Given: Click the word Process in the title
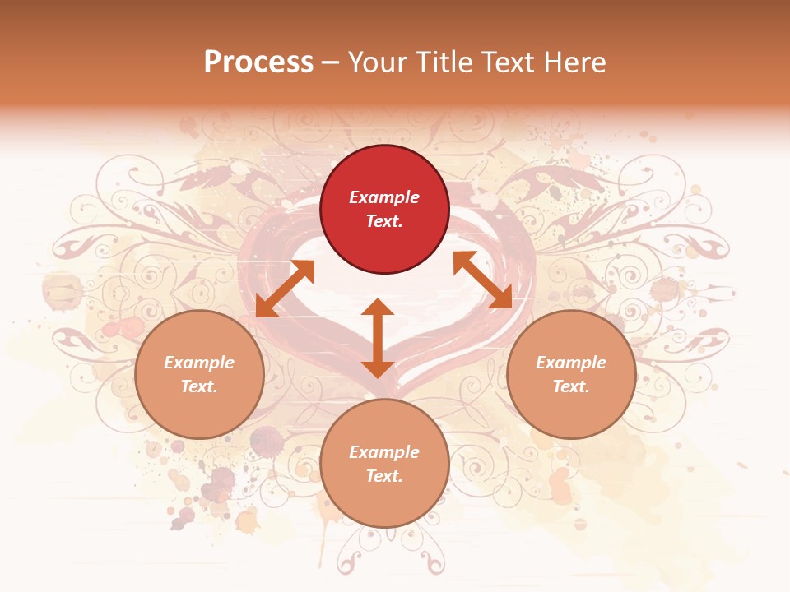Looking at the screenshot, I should [x=258, y=62].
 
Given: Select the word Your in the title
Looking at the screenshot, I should [x=377, y=62].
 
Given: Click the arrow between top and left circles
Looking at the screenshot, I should [x=285, y=289].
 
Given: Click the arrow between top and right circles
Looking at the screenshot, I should [x=483, y=280].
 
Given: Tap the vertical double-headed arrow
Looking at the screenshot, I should [x=378, y=338].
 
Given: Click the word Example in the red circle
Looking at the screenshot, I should [x=384, y=197].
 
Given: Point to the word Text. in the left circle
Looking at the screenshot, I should [x=199, y=386].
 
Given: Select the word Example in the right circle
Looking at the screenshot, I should [x=571, y=363].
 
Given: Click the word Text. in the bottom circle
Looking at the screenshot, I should [x=384, y=476].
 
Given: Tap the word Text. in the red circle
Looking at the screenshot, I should [x=384, y=221].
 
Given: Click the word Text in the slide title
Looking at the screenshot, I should [x=509, y=62].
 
